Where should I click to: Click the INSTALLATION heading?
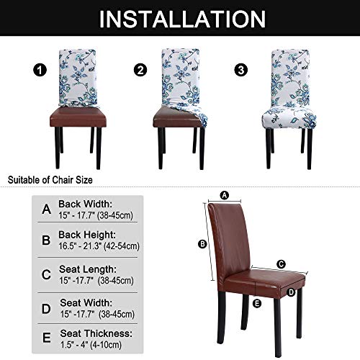point(179,19)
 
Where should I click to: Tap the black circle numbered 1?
point(32,71)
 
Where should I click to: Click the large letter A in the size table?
point(46,210)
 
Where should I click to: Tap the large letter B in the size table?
point(46,240)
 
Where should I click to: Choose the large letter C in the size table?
point(46,273)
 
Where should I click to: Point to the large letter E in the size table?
point(46,338)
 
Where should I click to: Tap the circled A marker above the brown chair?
point(224,194)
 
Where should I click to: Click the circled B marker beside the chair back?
point(203,243)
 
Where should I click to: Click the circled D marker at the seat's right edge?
point(292,292)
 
